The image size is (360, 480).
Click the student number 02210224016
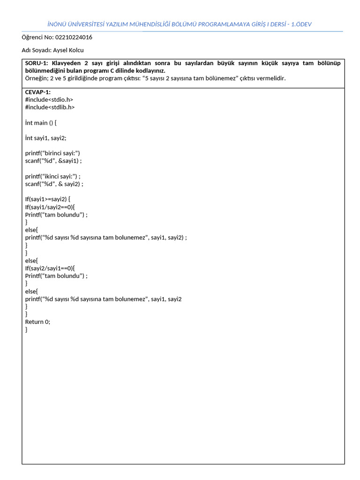pyautogui.click(x=74, y=37)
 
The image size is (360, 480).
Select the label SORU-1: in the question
pyautogui.click(x=37, y=63)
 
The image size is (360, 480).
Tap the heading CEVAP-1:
pyautogui.click(x=38, y=92)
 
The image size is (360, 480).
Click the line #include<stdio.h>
pyautogui.click(x=49, y=99)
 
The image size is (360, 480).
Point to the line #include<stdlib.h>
pyautogui.click(x=50, y=107)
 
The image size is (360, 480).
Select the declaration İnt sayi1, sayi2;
pyautogui.click(x=46, y=138)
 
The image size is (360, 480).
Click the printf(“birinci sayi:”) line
pyautogui.click(x=53, y=153)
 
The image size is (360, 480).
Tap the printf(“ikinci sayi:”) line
pyautogui.click(x=53, y=176)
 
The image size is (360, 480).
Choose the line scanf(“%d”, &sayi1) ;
pyautogui.click(x=53, y=161)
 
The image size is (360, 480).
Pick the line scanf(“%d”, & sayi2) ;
pyautogui.click(x=54, y=184)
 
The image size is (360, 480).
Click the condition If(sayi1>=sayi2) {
pyautogui.click(x=48, y=199)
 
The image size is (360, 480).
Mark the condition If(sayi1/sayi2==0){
pyautogui.click(x=50, y=207)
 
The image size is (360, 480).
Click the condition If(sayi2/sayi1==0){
pyautogui.click(x=50, y=268)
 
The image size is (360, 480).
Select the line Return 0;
pyautogui.click(x=37, y=322)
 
